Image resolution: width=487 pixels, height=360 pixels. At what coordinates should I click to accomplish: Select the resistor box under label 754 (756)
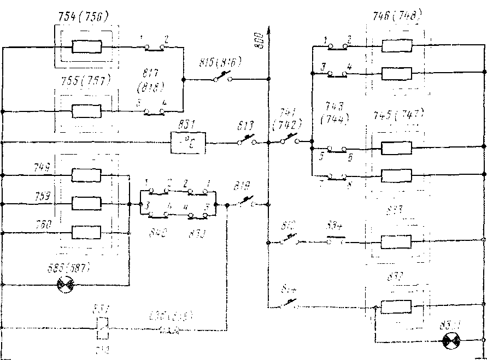[86, 47]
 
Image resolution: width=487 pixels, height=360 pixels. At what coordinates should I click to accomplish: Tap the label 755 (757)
[84, 80]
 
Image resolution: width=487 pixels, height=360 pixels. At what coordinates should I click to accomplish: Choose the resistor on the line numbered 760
[86, 233]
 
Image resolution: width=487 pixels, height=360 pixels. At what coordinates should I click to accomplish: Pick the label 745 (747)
[397, 115]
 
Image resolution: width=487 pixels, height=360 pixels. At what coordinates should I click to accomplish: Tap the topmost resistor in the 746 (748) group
[396, 46]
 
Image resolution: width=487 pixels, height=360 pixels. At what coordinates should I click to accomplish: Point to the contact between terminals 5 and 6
[337, 148]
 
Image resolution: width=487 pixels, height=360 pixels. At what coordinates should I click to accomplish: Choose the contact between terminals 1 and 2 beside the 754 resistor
[155, 48]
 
